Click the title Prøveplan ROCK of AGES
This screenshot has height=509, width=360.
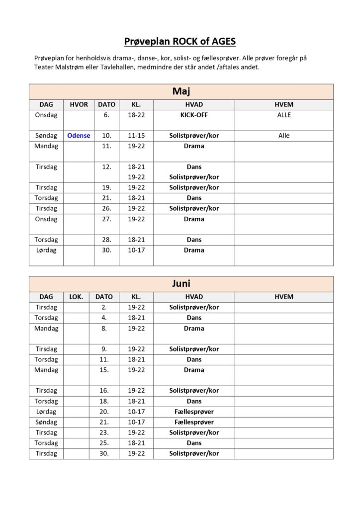180,41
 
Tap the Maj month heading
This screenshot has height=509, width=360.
181,91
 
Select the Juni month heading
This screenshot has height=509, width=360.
181,283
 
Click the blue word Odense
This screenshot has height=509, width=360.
79,135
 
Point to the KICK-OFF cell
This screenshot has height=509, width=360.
194,115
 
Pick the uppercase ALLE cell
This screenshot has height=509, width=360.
284,115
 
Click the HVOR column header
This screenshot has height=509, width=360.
79,104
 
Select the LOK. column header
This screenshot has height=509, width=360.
76,297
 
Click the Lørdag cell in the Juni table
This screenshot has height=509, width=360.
46,412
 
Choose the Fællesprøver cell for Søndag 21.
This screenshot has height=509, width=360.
194,422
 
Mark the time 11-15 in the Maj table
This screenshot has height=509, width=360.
136,135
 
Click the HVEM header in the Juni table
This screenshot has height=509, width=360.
284,297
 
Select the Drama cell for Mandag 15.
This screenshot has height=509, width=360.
194,370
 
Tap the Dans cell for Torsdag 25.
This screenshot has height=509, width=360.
194,443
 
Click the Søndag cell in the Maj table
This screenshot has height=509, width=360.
46,135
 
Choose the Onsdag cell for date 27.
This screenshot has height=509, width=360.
46,219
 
